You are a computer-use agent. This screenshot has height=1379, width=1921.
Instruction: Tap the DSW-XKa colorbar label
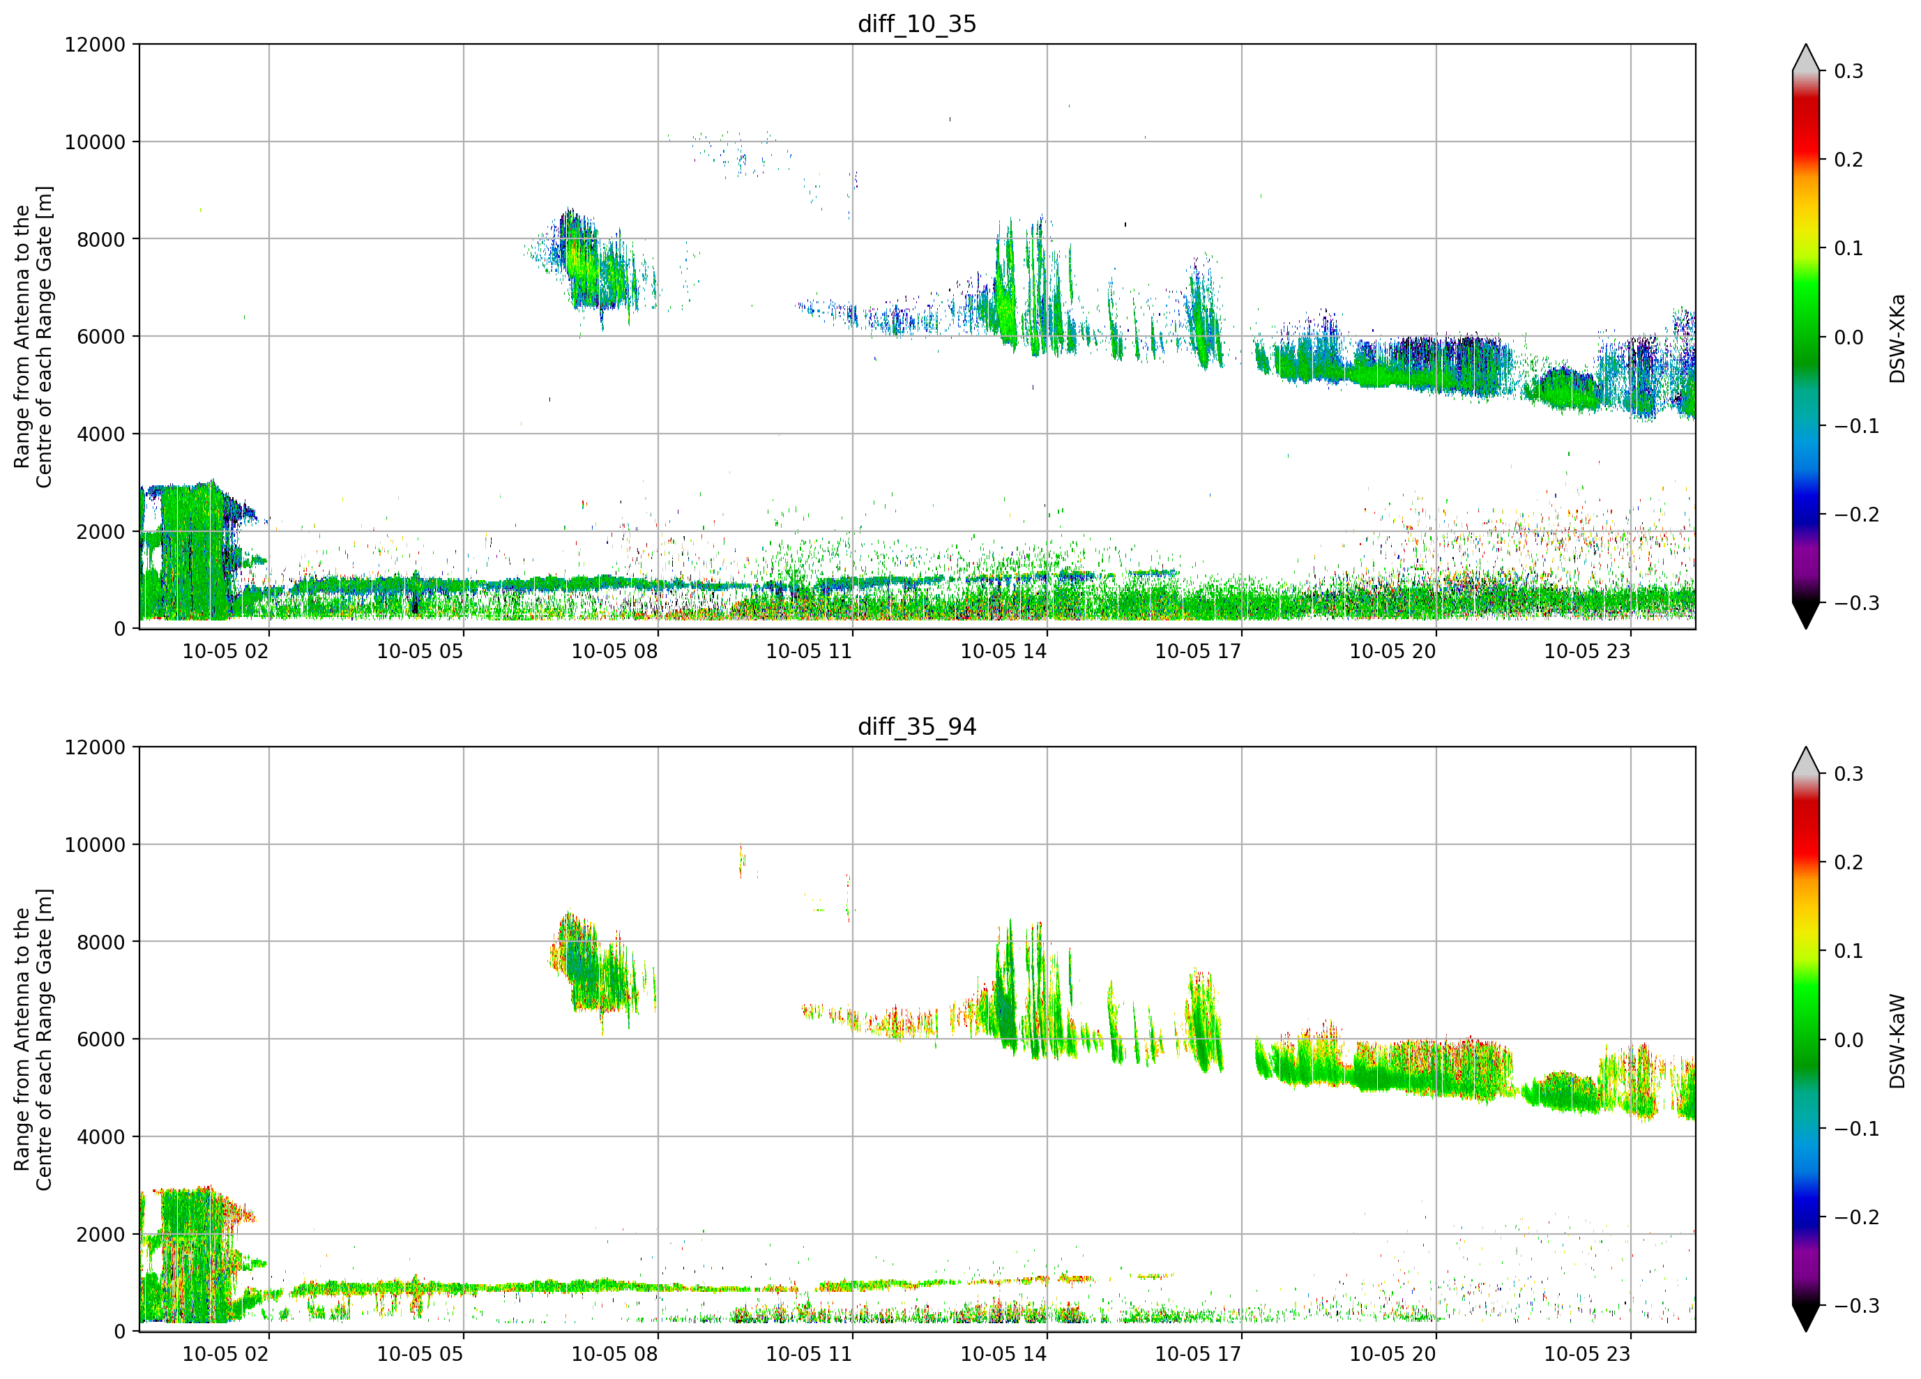(1897, 338)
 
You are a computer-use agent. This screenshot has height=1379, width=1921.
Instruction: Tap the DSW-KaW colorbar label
(1897, 1041)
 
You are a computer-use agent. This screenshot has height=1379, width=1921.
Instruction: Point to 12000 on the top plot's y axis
(95, 45)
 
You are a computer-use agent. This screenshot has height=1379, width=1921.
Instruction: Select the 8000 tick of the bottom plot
(101, 942)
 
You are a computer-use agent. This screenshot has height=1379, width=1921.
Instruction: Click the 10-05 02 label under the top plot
(225, 651)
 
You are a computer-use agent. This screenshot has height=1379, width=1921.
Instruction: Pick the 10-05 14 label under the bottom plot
(1003, 1354)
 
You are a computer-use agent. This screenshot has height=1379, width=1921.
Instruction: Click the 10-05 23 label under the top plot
(1587, 651)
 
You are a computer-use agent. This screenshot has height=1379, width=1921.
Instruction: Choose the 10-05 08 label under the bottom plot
(615, 1354)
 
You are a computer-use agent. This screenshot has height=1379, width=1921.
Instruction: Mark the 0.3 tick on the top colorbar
(1849, 71)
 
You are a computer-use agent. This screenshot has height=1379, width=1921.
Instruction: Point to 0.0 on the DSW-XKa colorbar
(1849, 337)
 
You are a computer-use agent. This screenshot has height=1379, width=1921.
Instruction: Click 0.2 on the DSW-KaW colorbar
(1849, 862)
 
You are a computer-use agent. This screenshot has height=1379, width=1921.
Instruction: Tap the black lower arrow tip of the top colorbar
(1806, 627)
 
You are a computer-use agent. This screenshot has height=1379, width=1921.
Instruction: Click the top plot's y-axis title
(33, 337)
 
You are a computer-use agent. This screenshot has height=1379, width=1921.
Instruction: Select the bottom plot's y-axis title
(33, 1039)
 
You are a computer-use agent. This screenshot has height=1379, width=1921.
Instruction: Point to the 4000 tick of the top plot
(101, 434)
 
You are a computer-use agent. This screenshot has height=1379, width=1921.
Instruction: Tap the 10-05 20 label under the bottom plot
(1392, 1354)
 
